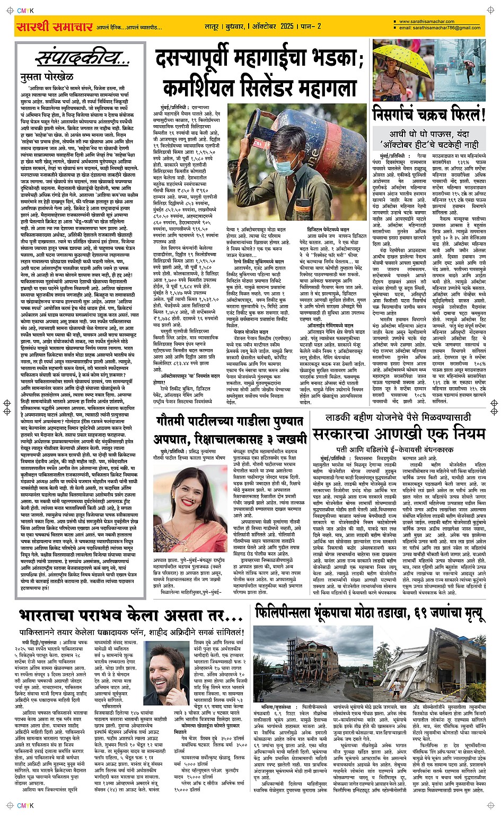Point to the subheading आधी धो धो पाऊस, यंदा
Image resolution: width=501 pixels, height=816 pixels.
(427, 134)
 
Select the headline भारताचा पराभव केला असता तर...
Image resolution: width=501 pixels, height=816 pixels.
(130, 616)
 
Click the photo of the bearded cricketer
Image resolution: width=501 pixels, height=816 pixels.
(166, 675)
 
